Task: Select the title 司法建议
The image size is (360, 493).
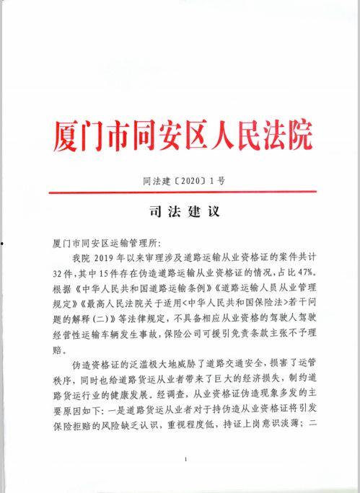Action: [x=180, y=213]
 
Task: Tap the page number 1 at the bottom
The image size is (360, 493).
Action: [x=186, y=459]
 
